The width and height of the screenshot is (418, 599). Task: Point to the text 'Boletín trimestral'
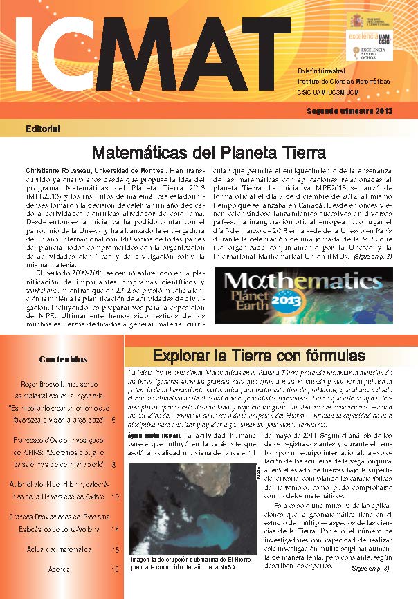point(320,72)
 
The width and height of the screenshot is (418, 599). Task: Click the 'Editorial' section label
point(42,129)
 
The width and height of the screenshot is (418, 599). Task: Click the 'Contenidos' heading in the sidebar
point(63,359)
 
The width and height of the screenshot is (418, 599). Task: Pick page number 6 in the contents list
point(113,420)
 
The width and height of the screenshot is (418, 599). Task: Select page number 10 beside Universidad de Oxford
point(114,477)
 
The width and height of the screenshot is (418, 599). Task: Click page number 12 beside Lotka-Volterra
point(114,508)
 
